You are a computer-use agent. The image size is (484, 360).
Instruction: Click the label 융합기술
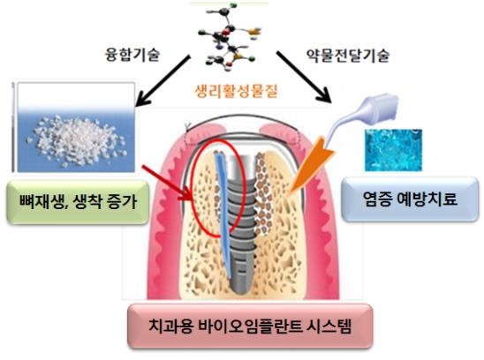coord(132,56)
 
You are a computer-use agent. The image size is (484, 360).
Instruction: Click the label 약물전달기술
coord(348,56)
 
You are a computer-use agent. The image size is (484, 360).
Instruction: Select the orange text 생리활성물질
coord(237,91)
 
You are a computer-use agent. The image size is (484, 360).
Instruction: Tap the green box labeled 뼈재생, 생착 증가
coord(78,202)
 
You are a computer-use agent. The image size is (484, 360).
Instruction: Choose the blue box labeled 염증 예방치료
coord(410,199)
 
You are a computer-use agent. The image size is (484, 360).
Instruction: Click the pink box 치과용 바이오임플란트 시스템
coord(250,326)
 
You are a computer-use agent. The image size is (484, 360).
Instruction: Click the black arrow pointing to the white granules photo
coord(163,81)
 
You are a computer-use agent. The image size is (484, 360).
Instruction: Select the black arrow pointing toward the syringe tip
coord(304,77)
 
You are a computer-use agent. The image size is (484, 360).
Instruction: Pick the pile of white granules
coord(78,140)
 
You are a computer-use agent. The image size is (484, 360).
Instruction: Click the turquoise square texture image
coord(394,150)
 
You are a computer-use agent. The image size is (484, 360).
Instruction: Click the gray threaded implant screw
coord(241,222)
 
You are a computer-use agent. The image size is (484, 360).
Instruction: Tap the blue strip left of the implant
coord(223,213)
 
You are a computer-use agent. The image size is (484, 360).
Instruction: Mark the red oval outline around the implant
coord(191,188)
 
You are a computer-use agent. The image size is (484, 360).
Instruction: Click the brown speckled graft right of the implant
coord(263,194)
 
